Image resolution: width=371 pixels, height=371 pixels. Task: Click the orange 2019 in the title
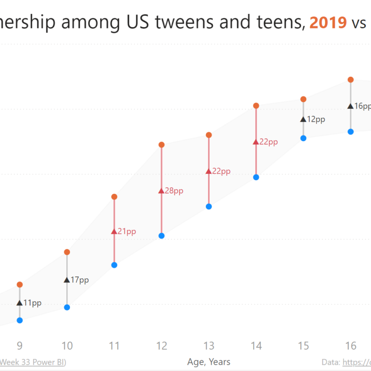click(328, 22)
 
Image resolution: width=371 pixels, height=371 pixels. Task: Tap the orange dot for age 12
click(162, 145)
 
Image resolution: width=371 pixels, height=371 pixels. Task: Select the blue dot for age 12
click(162, 236)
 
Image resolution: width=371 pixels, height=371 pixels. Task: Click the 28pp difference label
click(174, 191)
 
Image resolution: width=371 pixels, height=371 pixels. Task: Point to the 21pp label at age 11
click(127, 231)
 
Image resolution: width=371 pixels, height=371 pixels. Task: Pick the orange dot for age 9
click(20, 285)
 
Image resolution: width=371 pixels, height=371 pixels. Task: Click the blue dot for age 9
click(20, 320)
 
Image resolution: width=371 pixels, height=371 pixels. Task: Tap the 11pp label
click(32, 303)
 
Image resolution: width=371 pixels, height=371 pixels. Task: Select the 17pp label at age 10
click(80, 280)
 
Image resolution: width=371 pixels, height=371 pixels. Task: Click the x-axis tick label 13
click(209, 346)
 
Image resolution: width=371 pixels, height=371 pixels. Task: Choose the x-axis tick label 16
click(351, 346)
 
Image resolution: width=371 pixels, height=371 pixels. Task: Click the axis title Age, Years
click(209, 362)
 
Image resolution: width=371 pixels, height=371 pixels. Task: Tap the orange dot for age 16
click(351, 80)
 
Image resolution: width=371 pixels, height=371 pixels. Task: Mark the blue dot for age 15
click(303, 138)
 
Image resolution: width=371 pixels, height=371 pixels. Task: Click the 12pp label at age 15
click(316, 119)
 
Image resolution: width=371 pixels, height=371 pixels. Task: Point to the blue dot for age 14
click(256, 177)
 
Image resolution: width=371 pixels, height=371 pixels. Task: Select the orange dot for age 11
click(114, 197)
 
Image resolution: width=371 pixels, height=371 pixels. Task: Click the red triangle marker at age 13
click(209, 171)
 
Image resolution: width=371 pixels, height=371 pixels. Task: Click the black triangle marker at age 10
click(67, 280)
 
